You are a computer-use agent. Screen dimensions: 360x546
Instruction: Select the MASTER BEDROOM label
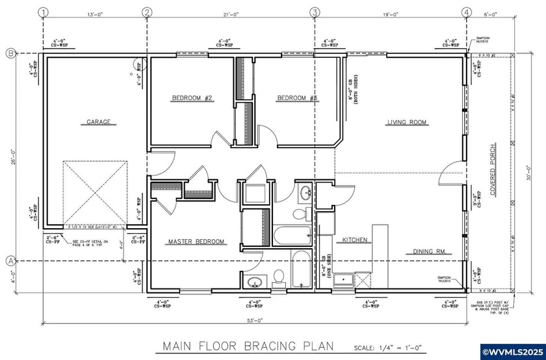[x=196, y=242]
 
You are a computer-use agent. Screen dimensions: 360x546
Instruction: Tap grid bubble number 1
[x=43, y=12]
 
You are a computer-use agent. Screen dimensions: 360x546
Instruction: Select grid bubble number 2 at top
[x=147, y=12]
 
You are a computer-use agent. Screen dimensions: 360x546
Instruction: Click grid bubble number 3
[x=315, y=12]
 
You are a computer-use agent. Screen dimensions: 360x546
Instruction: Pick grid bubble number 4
[x=466, y=12]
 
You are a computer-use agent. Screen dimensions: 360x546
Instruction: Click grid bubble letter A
[x=10, y=261]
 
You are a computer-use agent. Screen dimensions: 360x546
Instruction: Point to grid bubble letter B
[x=10, y=53]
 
